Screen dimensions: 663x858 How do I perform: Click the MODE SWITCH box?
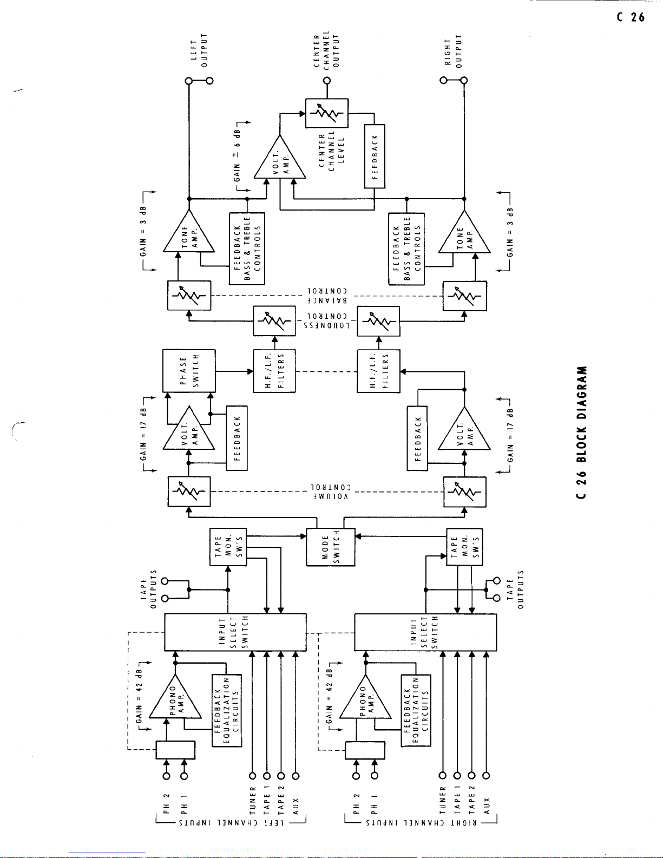(x=331, y=547)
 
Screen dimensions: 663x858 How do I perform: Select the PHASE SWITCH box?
(x=189, y=371)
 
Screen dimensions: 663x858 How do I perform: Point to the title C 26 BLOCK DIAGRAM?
(x=582, y=433)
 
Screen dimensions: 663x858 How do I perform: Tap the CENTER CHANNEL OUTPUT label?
(x=327, y=49)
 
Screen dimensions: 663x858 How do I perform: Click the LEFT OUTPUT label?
(x=199, y=50)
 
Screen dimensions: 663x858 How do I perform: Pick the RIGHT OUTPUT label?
(x=453, y=51)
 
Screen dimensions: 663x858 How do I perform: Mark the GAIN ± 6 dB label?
(x=237, y=155)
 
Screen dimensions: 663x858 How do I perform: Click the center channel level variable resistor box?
(x=327, y=113)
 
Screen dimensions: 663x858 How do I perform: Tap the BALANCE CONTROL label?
(x=327, y=296)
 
